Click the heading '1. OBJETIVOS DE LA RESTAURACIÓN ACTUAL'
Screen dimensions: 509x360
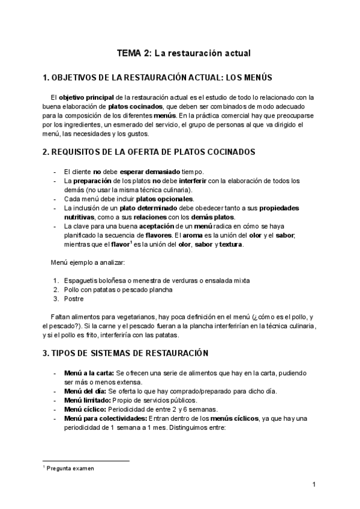pyautogui.click(x=158, y=77)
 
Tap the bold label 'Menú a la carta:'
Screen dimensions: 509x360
pyautogui.click(x=88, y=373)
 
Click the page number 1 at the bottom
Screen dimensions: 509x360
pyautogui.click(x=314, y=484)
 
